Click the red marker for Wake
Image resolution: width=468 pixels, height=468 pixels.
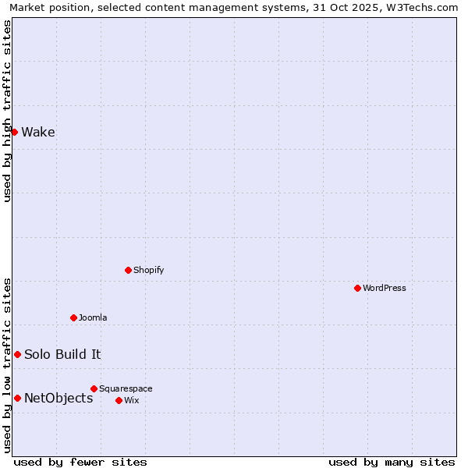click(14, 132)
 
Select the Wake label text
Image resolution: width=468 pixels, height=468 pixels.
click(38, 132)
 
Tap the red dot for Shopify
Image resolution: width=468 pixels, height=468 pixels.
click(128, 270)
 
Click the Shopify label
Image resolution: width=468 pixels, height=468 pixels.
click(148, 270)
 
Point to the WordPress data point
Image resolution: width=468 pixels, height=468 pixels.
click(357, 288)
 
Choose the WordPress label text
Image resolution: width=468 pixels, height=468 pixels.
click(384, 288)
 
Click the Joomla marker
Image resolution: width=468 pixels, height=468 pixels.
click(73, 317)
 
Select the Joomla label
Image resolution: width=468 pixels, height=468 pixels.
click(93, 317)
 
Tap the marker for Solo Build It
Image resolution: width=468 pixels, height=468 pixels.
click(17, 354)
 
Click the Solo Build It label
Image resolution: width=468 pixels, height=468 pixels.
click(62, 354)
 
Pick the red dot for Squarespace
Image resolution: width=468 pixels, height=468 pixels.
click(94, 388)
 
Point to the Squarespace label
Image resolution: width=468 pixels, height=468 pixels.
click(126, 388)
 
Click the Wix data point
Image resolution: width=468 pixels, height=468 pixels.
click(119, 400)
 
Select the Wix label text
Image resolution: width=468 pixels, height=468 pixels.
click(131, 400)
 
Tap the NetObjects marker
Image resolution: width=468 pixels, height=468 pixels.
click(17, 398)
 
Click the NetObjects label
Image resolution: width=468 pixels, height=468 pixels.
click(58, 398)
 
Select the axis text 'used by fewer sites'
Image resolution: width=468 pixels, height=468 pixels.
click(80, 462)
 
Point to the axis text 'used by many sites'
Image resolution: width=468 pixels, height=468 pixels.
click(392, 462)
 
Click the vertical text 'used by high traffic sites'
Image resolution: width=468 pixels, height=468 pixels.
click(7, 111)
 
